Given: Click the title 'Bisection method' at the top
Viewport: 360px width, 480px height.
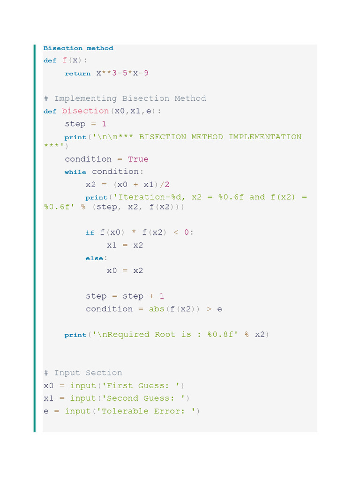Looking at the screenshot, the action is pyautogui.click(x=78, y=48).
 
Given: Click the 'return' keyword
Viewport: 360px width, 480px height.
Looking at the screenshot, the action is pyautogui.click(x=78, y=74).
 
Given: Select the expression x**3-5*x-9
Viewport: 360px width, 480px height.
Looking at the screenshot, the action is pyautogui.click(x=122, y=73).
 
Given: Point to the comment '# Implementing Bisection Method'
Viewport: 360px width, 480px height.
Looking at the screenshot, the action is pyautogui.click(x=125, y=98).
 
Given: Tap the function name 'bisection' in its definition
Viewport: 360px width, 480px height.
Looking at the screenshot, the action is pyautogui.click(x=85, y=111).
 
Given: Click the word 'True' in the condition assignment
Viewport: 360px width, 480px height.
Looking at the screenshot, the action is pyautogui.click(x=138, y=159).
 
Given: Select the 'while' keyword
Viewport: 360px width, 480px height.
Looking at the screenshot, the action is pyautogui.click(x=75, y=172).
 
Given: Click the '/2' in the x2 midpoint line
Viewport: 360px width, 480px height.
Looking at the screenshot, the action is pyautogui.click(x=165, y=184).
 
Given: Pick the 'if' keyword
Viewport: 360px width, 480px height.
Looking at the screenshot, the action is pyautogui.click(x=90, y=232).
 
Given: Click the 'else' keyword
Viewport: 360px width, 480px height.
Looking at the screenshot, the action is pyautogui.click(x=96, y=258).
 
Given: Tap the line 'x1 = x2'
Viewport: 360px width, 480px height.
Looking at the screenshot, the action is pyautogui.click(x=125, y=245).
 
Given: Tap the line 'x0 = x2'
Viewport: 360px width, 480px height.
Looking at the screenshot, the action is pyautogui.click(x=125, y=270).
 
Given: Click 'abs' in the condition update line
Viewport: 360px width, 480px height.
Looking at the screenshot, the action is pyautogui.click(x=157, y=309).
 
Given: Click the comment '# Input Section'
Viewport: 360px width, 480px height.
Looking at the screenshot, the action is pyautogui.click(x=83, y=373).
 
